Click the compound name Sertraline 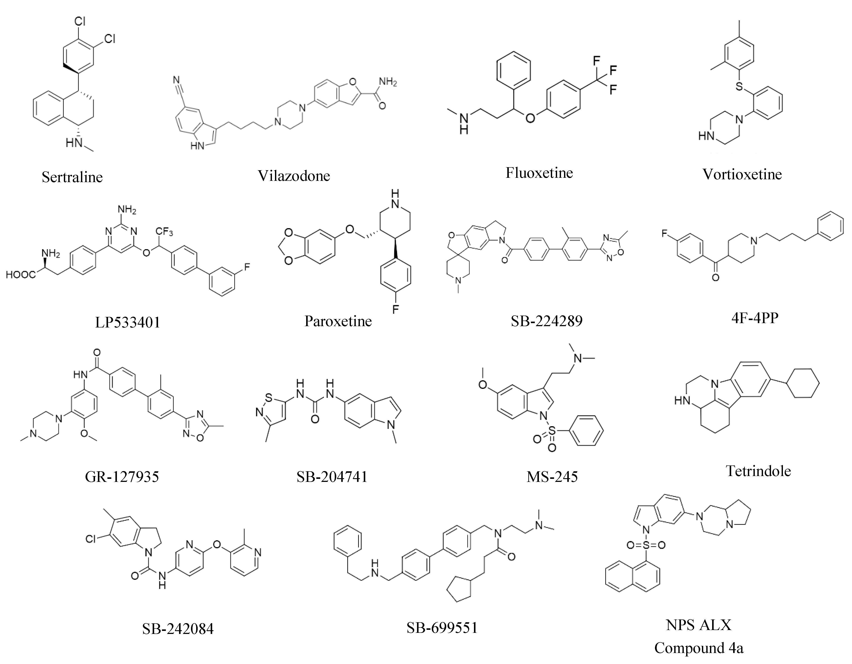click(72, 177)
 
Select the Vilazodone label click(294, 176)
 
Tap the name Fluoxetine click(539, 173)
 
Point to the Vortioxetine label click(742, 174)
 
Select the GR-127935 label click(122, 476)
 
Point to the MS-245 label click(552, 476)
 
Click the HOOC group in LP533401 click(20, 275)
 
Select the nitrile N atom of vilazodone click(177, 82)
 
